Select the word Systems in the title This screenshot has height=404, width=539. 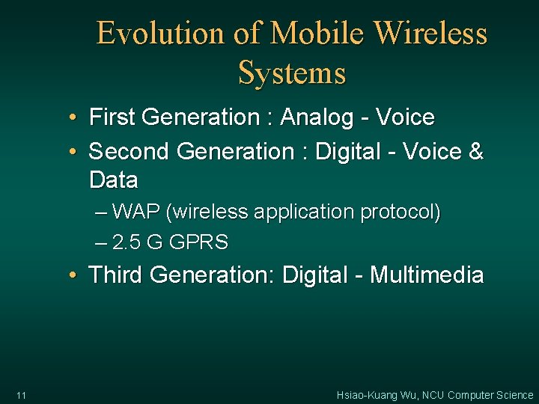pos(292,73)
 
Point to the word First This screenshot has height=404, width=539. pos(111,117)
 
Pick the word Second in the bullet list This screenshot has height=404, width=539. pos(129,152)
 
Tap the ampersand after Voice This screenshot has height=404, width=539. pos(475,152)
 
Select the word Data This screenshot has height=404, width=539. pos(113,180)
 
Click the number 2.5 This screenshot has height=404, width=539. pos(128,242)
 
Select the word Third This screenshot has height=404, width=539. pos(115,275)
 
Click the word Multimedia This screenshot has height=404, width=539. pos(427,275)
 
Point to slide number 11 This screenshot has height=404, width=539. pos(20,395)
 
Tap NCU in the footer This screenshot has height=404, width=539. pos(433,395)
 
